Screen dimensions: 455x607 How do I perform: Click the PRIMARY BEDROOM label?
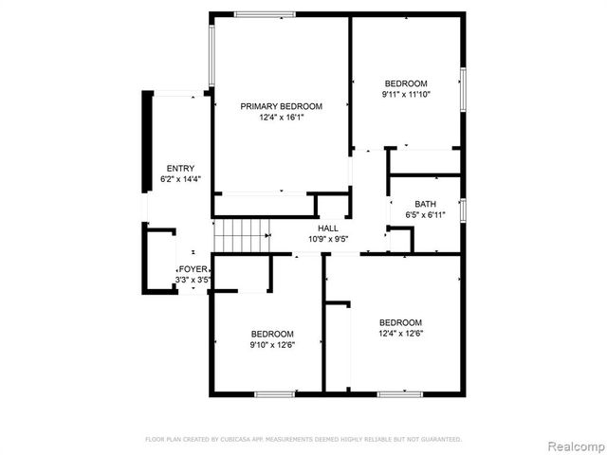coord(281,106)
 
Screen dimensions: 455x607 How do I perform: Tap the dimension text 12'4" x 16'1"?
coord(281,118)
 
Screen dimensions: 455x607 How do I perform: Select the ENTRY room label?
coord(180,169)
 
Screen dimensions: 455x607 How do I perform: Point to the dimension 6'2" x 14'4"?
coord(180,179)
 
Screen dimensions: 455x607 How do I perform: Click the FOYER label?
coord(193,269)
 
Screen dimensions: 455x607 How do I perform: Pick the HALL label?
coord(328,228)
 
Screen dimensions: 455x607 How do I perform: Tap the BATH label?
coord(425,205)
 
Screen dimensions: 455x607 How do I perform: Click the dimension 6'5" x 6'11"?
coord(425,215)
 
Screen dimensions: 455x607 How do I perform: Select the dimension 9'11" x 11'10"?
coord(405,94)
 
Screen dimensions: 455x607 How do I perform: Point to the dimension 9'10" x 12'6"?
coord(272,345)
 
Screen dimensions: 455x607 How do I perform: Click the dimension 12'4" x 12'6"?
coord(399,332)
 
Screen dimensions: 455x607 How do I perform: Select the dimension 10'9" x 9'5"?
coord(328,239)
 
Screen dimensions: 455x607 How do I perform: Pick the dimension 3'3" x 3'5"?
coord(193,280)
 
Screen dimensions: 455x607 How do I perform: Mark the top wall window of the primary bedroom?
coord(265,14)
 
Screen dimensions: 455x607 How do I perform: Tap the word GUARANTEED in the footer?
coord(441,440)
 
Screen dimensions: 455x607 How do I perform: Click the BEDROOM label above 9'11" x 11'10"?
coord(405,83)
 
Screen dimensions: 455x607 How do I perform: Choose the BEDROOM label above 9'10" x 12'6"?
coord(272,334)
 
